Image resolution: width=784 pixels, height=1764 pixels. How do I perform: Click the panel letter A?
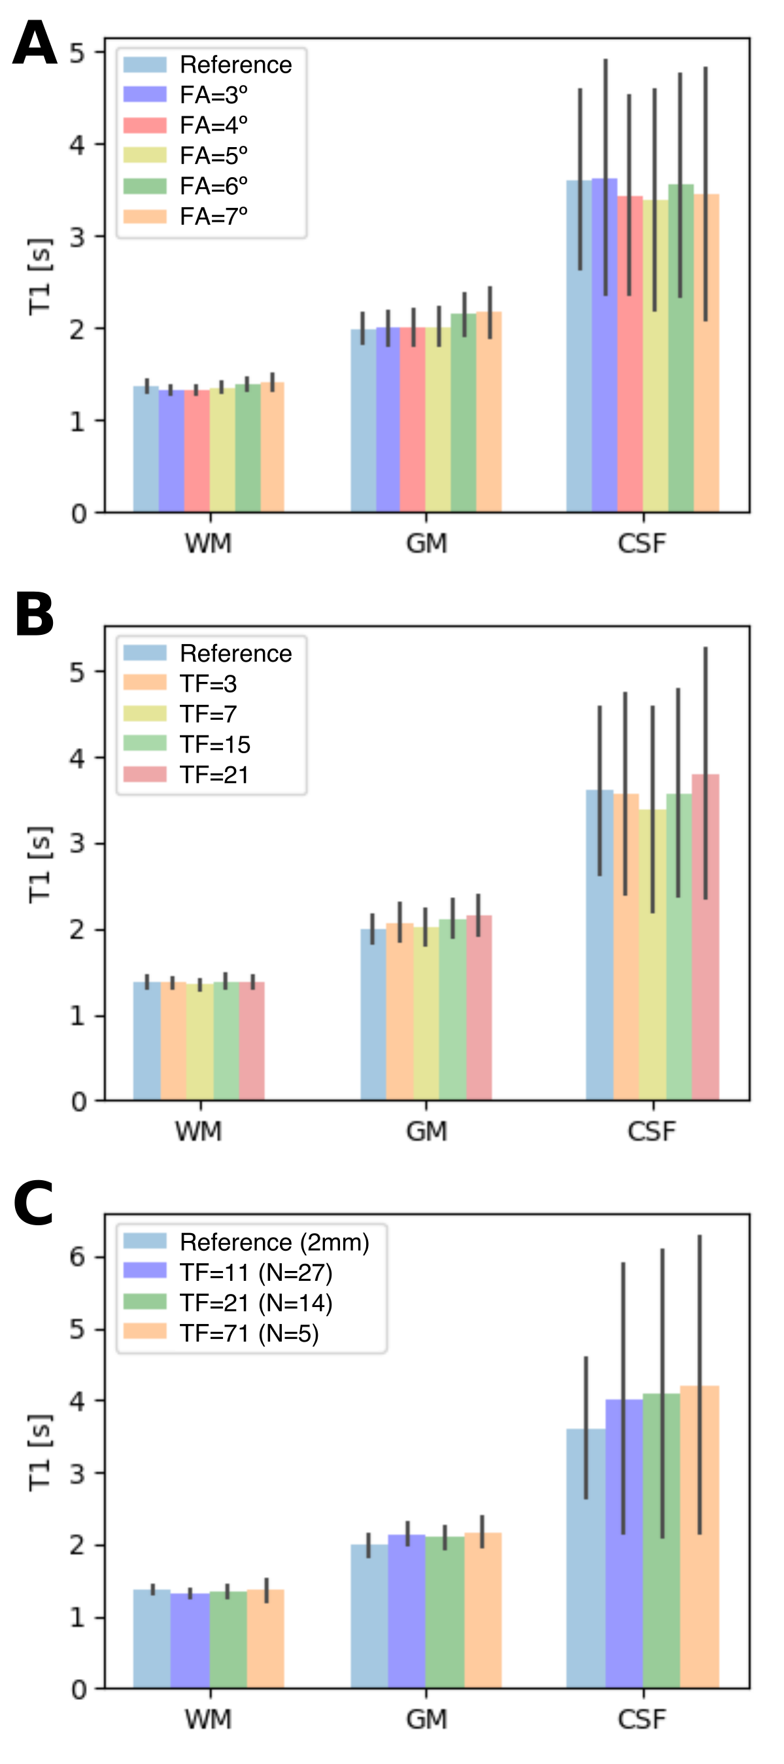(x=34, y=42)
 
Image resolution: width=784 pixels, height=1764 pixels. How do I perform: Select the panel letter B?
(x=34, y=614)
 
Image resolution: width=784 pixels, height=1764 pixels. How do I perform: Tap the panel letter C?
(x=33, y=1204)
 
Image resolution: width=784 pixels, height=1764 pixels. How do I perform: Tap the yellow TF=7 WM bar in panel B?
(x=199, y=1042)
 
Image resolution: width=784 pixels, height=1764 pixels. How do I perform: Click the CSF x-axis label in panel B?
(x=651, y=1131)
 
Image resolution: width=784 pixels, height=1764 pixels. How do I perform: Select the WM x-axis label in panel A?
(x=208, y=544)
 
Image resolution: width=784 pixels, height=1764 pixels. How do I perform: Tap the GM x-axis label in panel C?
(x=426, y=1720)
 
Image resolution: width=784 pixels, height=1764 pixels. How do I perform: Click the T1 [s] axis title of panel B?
(x=40, y=864)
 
